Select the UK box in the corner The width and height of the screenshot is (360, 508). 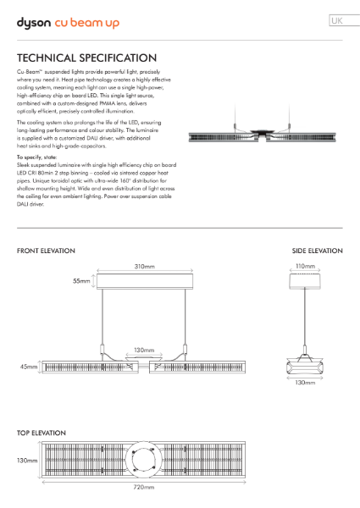coord(337,20)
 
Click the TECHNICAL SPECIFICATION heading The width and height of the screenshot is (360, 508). coord(86,58)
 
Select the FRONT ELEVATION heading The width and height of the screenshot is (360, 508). coord(46,251)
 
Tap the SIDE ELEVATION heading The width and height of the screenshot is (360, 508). coord(317,251)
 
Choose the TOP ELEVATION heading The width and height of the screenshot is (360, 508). coord(42,433)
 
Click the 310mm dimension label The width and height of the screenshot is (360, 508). coord(144,267)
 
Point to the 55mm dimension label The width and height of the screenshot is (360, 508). coord(81,281)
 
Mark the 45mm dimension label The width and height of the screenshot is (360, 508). coord(30,367)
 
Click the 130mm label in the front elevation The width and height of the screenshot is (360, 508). coord(144,350)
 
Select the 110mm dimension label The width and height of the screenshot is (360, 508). coord(305,267)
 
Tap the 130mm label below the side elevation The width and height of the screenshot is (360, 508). coord(304,383)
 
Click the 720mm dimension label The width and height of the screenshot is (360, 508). coord(144,488)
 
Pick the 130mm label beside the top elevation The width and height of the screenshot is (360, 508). coord(26,461)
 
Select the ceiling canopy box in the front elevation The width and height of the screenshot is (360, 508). coord(144,281)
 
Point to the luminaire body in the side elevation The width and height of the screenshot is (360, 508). coord(304,366)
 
